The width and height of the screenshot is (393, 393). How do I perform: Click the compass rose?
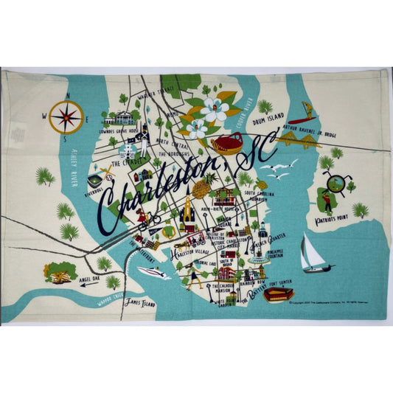tap(66, 116)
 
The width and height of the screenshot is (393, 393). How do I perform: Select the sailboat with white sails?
tap(313, 254)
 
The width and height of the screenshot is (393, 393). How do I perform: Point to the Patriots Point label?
tap(331, 220)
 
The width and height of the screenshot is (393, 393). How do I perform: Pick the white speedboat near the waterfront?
tap(153, 272)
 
